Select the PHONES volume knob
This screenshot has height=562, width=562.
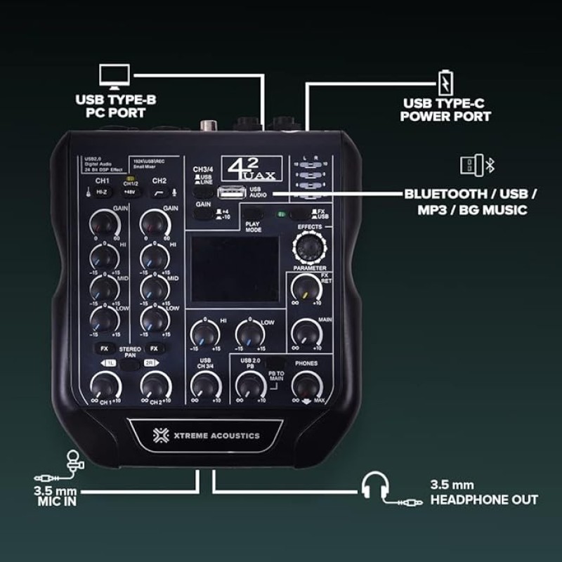pyautogui.click(x=306, y=385)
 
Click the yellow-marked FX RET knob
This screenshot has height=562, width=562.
pyautogui.click(x=306, y=287)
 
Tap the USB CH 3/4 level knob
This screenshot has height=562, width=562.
pyautogui.click(x=204, y=385)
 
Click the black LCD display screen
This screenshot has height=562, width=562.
pyautogui.click(x=234, y=268)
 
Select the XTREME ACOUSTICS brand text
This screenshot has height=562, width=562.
pyautogui.click(x=206, y=436)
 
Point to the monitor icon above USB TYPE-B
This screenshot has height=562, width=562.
pyautogui.click(x=115, y=76)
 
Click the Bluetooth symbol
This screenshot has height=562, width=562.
pyautogui.click(x=492, y=165)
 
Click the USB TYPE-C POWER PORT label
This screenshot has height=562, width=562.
pyautogui.click(x=446, y=110)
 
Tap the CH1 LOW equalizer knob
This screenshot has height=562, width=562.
pyautogui.click(x=103, y=320)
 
